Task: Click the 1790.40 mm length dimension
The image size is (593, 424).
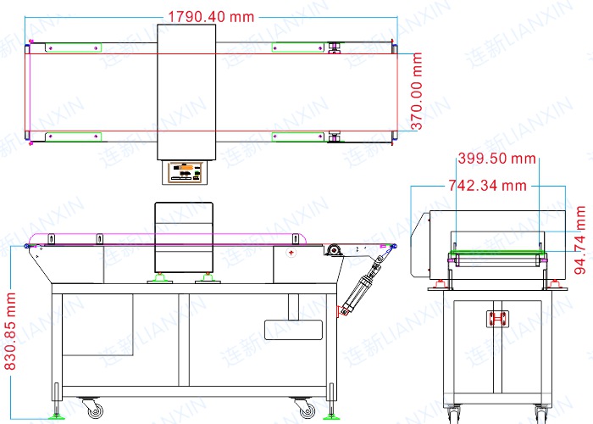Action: coord(211,17)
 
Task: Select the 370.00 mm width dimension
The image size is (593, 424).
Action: coord(417,92)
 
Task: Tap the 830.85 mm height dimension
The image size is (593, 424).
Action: coord(10,332)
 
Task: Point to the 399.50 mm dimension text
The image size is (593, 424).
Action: coord(496,159)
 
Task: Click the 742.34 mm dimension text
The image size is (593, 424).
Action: coord(487,186)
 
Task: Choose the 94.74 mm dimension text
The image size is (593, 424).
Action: coord(580,240)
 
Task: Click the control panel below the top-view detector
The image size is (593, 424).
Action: coord(185,173)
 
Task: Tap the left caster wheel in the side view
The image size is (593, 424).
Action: coord(94,409)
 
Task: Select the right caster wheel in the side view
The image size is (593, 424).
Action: coord(305,409)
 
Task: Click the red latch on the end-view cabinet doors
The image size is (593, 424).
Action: coord(497,319)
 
